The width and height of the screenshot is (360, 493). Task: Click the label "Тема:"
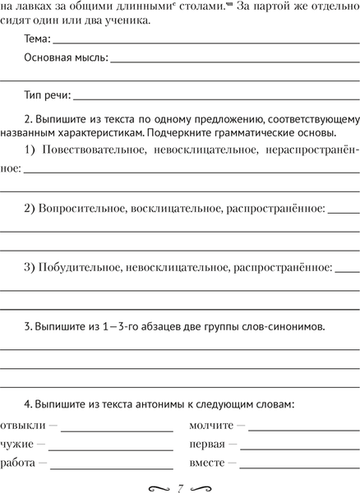[x=37, y=39]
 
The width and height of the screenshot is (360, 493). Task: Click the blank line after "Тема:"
[x=205, y=42]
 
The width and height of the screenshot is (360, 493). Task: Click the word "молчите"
[x=211, y=425]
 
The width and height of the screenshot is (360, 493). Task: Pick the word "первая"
[x=207, y=445]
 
